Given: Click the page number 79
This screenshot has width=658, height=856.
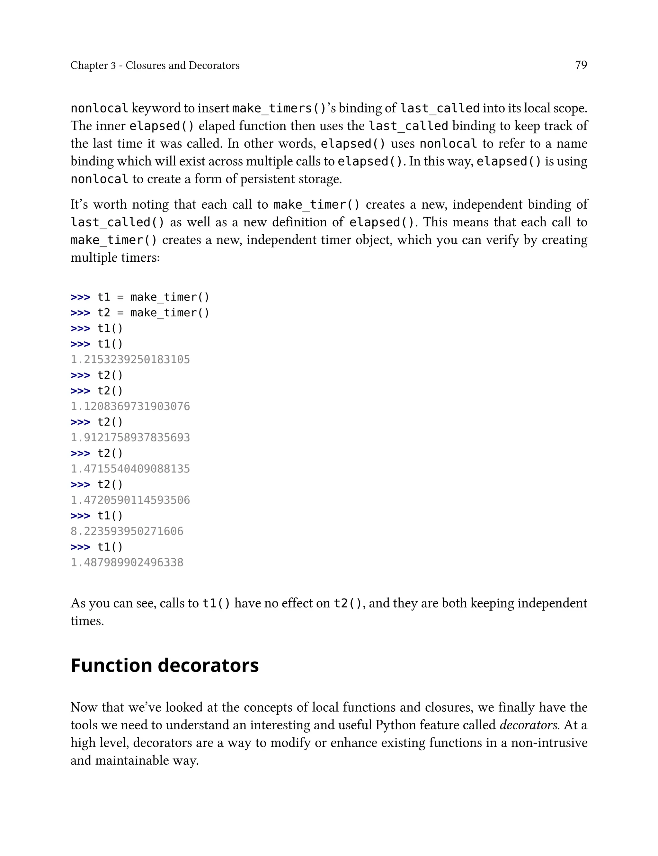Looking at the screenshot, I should pos(581,65).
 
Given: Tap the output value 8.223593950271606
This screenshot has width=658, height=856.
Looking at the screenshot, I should pos(127,531).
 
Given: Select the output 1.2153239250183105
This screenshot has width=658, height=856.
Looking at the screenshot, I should pos(130,359).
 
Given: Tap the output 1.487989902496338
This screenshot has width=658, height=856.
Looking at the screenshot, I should pos(127,563).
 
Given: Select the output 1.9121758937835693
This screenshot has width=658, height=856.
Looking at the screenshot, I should pos(130,437).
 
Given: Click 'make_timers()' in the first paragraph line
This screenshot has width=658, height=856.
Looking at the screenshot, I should pos(279,108).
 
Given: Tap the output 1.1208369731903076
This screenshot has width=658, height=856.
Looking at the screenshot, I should pos(130,406).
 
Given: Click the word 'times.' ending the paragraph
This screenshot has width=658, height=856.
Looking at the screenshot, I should pos(87,621).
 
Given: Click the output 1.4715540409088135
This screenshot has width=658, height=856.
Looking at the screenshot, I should pos(130,469).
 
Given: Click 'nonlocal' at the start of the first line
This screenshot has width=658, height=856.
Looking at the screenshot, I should pos(99,108).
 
